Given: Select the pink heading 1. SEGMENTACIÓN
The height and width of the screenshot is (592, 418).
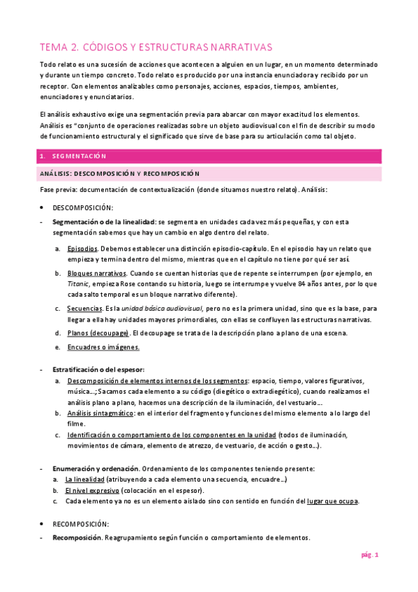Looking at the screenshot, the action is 79,156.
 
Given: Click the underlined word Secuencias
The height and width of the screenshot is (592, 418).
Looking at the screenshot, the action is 84,308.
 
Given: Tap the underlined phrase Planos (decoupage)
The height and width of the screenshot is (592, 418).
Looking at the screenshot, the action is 98,333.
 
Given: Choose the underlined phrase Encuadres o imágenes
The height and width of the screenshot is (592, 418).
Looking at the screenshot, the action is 103,347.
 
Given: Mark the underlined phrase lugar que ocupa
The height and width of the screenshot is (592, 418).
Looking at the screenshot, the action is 332,501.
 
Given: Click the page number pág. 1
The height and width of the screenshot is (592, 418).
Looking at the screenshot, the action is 369,555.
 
